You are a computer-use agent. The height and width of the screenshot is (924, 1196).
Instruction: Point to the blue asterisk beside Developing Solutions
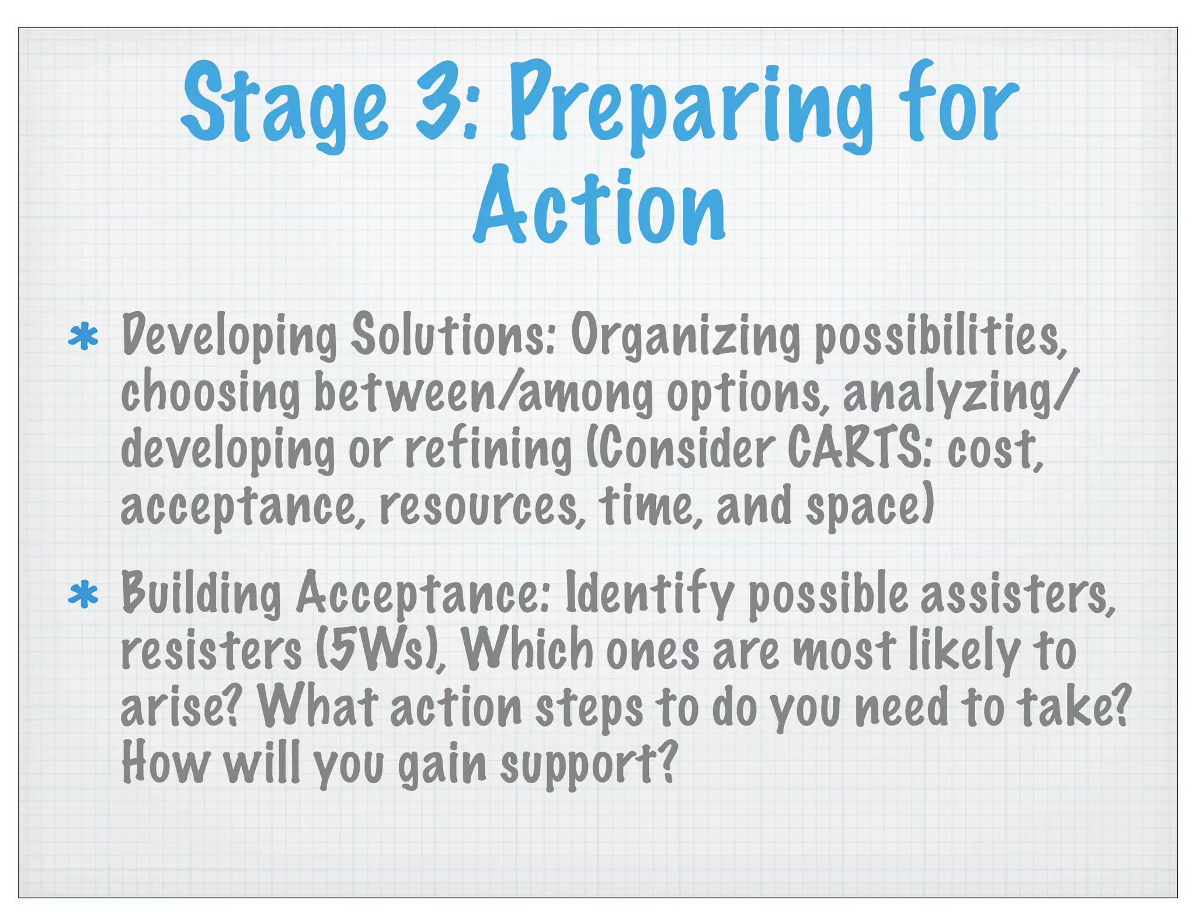point(83,337)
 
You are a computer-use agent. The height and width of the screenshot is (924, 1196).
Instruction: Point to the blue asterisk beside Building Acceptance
point(83,595)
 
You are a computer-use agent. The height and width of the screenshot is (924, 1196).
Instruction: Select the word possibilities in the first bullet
point(940,338)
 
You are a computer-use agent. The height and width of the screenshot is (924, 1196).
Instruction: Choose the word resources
point(482,506)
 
